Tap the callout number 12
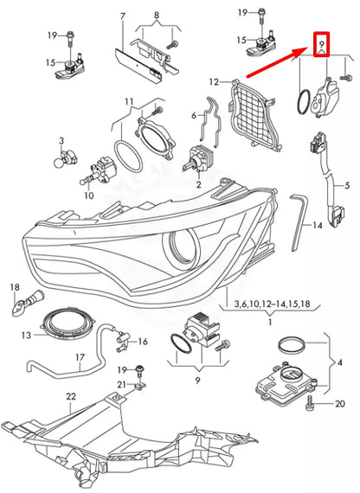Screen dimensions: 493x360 (x=214, y=82)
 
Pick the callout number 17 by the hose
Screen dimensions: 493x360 (x=79, y=356)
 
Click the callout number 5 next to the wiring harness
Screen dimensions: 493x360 (x=346, y=185)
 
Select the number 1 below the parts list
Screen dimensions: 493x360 (x=270, y=321)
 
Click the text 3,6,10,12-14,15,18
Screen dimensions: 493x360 (x=270, y=304)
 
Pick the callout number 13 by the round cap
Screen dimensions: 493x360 (x=27, y=334)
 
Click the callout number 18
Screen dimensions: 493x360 (x=15, y=285)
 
